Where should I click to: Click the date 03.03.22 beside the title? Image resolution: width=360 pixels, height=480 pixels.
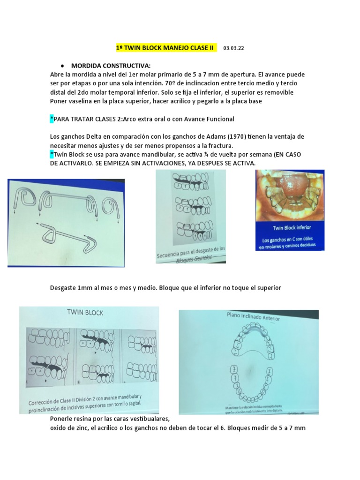(x=234, y=48)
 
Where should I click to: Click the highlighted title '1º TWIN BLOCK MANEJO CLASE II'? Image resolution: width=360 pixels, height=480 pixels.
(x=166, y=48)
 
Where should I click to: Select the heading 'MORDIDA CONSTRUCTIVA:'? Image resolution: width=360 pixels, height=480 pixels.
(x=104, y=65)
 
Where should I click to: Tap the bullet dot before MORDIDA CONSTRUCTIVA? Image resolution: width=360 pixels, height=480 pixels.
(x=63, y=66)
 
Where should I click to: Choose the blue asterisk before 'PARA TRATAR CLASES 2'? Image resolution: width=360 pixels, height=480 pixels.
(x=52, y=119)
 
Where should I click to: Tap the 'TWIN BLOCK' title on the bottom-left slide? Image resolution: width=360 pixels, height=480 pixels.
(x=85, y=313)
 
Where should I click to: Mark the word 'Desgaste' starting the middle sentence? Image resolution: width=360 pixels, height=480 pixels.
(x=64, y=288)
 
